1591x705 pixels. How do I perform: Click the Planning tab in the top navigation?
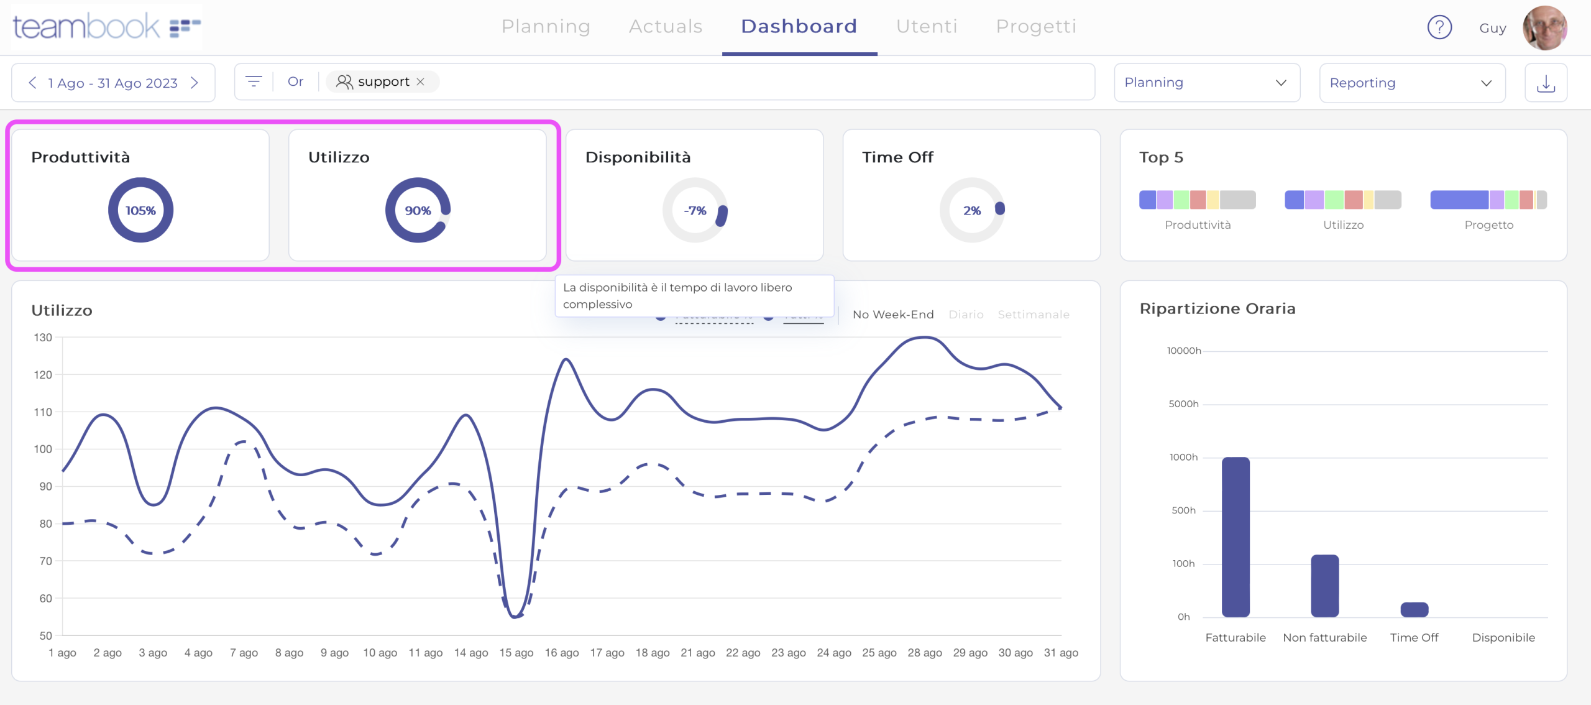pyautogui.click(x=546, y=26)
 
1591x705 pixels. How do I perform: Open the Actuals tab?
pyautogui.click(x=666, y=26)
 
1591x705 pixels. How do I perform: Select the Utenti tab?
pyautogui.click(x=927, y=26)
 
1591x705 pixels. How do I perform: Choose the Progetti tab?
pyautogui.click(x=1036, y=26)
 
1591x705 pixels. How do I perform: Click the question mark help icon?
pyautogui.click(x=1439, y=27)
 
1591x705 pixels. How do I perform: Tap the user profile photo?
pyautogui.click(x=1544, y=28)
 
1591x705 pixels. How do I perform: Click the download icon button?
pyautogui.click(x=1546, y=83)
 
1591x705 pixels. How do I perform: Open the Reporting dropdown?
pyautogui.click(x=1411, y=83)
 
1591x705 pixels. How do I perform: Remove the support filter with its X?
pyautogui.click(x=421, y=81)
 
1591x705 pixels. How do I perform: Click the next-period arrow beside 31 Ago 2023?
pyautogui.click(x=195, y=83)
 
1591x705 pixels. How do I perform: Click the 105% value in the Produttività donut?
pyautogui.click(x=140, y=211)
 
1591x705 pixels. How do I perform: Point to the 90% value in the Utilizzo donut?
pyautogui.click(x=418, y=211)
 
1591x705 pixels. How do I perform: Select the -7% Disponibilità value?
pyautogui.click(x=695, y=211)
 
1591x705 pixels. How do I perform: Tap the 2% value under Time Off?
pyautogui.click(x=972, y=211)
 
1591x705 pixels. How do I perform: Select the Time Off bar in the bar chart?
pyautogui.click(x=1414, y=609)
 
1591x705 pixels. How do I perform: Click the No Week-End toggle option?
pyautogui.click(x=893, y=315)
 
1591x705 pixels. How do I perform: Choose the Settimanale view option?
pyautogui.click(x=1034, y=315)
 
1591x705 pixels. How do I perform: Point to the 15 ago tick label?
pyautogui.click(x=516, y=653)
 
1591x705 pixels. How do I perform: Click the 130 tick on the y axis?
pyautogui.click(x=43, y=338)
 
